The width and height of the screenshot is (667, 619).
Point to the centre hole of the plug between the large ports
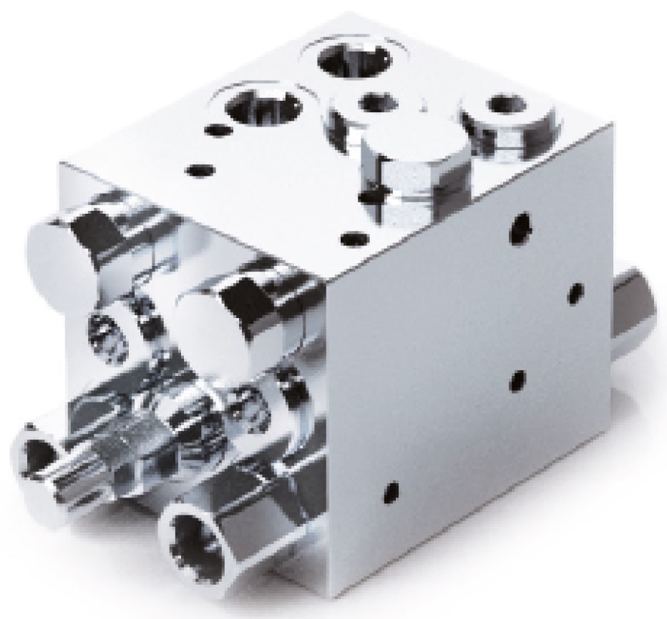coord(376,104)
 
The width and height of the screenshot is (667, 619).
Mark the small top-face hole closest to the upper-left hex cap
coord(200,170)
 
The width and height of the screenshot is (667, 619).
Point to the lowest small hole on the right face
coord(391,491)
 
